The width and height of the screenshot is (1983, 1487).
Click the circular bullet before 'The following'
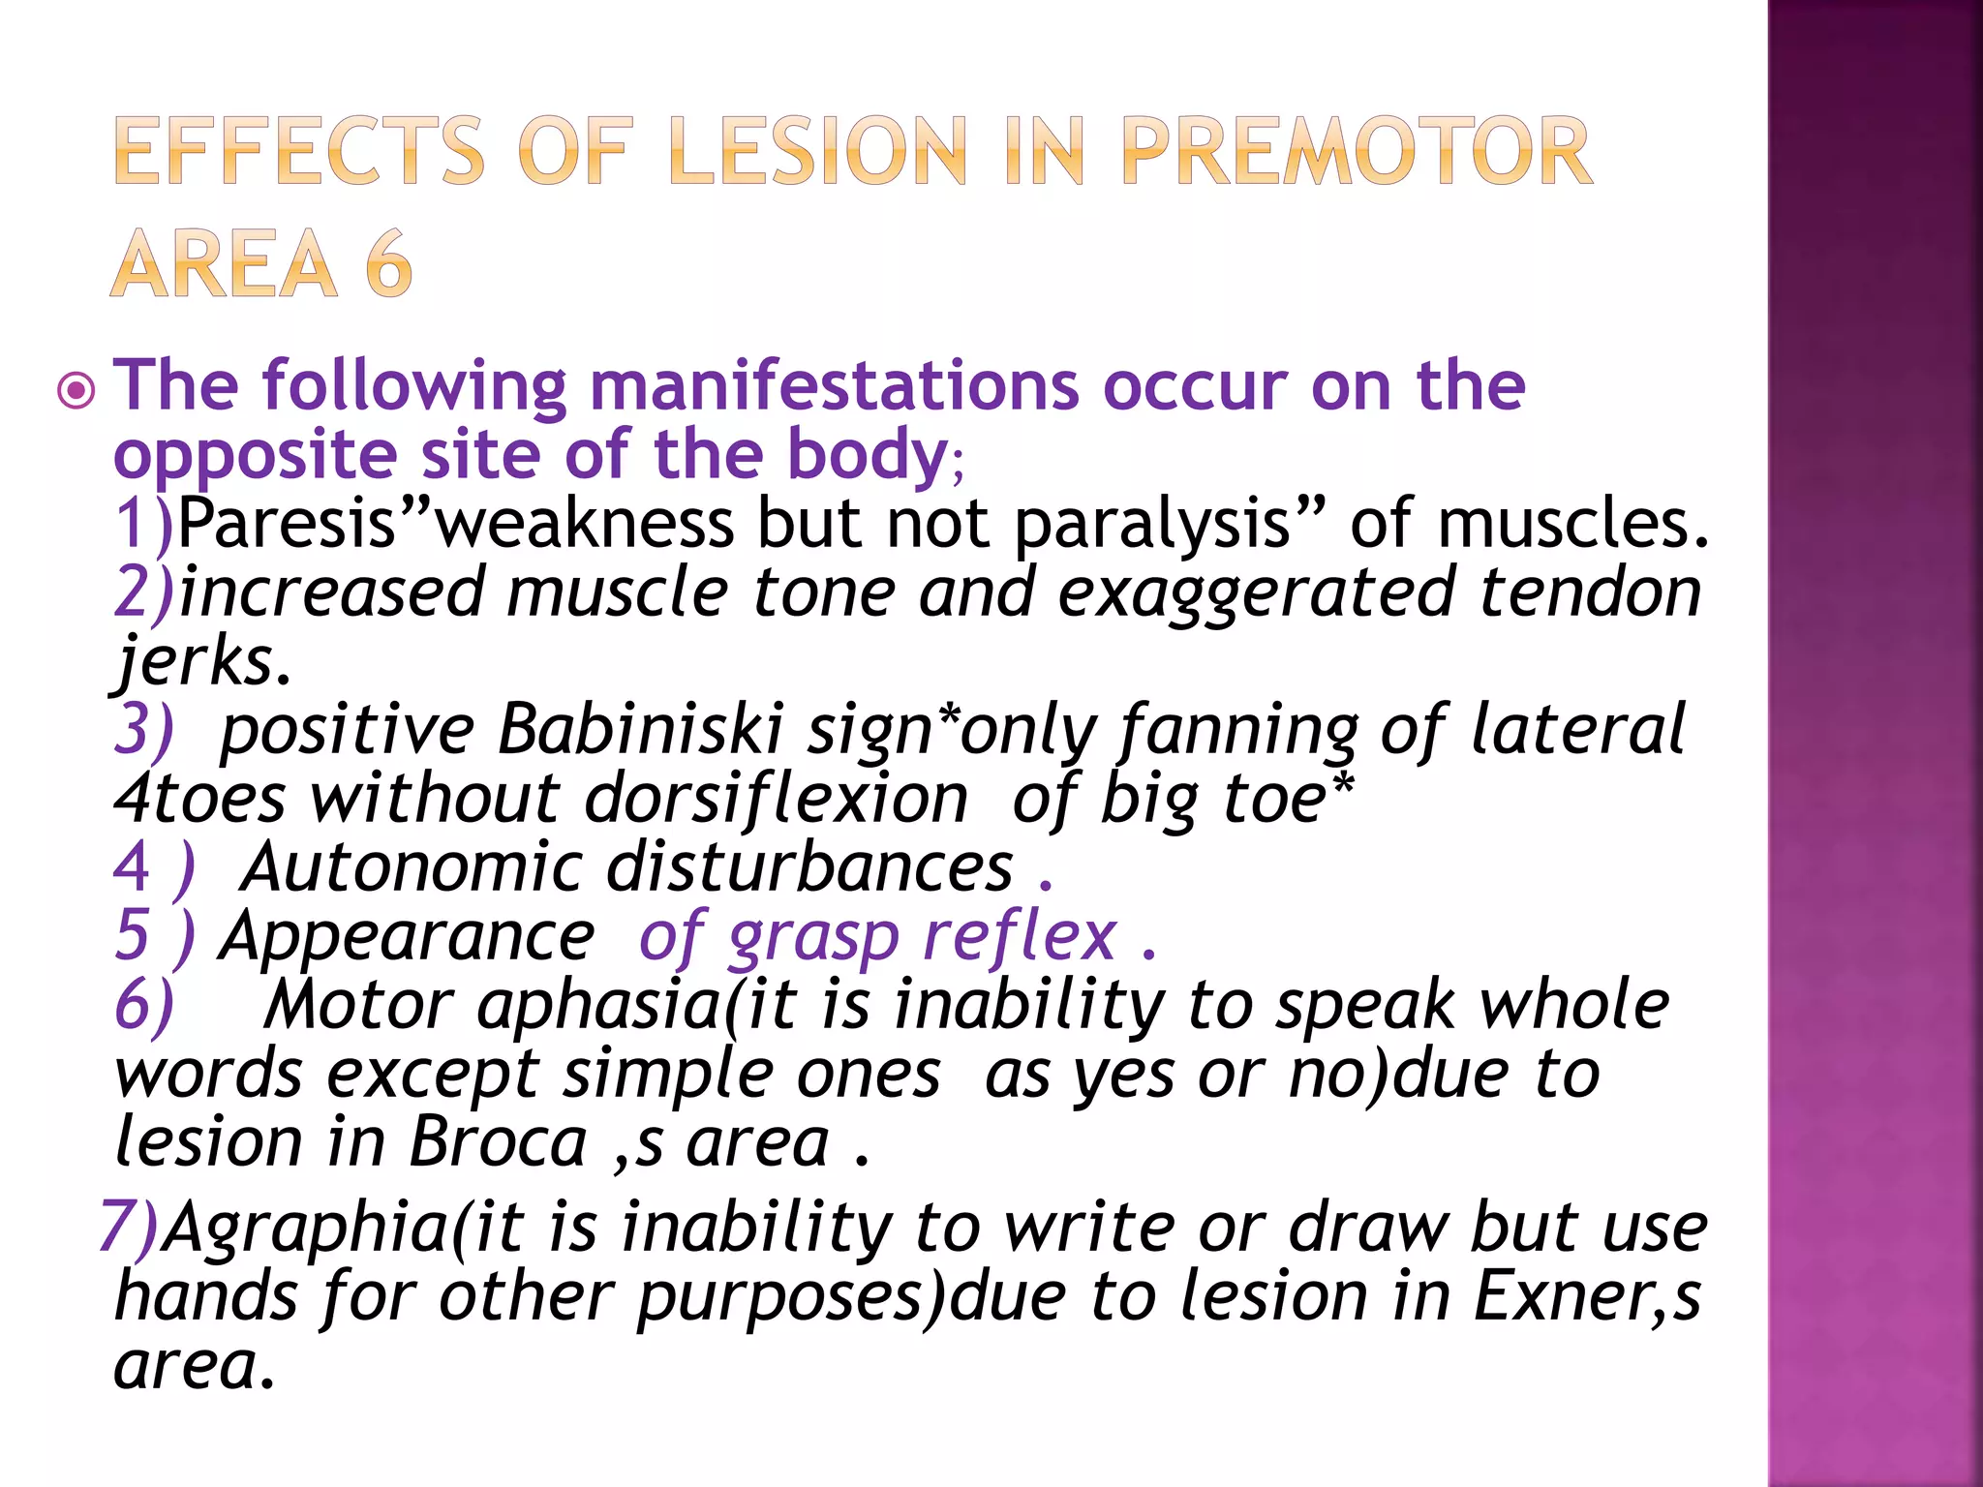coord(76,391)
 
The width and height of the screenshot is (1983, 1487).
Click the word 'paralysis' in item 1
coord(1153,526)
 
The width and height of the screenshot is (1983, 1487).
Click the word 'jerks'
coord(198,662)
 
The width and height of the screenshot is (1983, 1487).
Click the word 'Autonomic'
coord(411,866)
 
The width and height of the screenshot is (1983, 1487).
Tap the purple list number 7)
coord(129,1228)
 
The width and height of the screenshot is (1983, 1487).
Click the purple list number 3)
coord(144,729)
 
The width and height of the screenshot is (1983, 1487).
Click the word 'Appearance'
coord(408,936)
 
